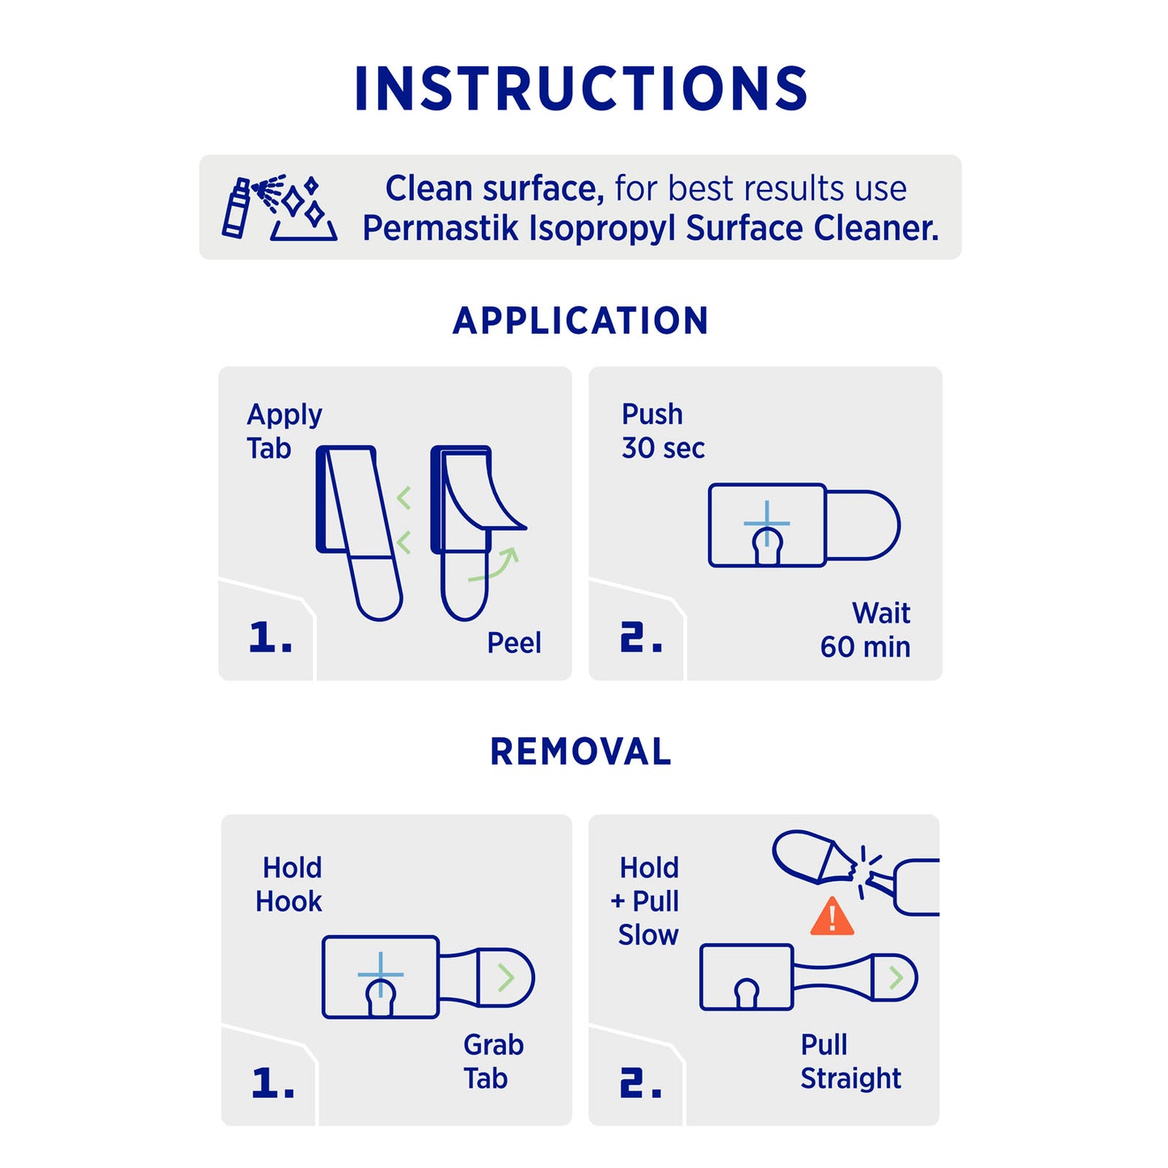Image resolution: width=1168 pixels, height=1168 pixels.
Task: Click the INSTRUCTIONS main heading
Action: (x=580, y=88)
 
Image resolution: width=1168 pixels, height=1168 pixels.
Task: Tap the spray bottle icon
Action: (x=237, y=208)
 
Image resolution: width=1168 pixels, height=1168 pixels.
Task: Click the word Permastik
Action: (x=440, y=229)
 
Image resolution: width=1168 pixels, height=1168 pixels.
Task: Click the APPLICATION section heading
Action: (x=580, y=321)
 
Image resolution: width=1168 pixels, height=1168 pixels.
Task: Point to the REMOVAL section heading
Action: (x=580, y=752)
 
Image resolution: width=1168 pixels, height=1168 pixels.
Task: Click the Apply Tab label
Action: (x=285, y=432)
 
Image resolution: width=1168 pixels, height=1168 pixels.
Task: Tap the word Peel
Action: (x=514, y=643)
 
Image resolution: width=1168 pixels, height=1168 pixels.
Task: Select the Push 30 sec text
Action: (x=663, y=431)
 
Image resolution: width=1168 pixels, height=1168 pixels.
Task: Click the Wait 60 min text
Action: (x=865, y=630)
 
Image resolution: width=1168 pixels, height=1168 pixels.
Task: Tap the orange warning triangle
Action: (x=833, y=916)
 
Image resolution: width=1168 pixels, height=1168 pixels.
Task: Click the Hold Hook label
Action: (x=289, y=884)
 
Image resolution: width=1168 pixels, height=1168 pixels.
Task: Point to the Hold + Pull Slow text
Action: (x=645, y=901)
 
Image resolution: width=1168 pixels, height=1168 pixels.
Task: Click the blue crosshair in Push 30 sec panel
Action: (x=767, y=523)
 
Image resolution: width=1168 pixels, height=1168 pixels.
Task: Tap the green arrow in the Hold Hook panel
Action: (x=506, y=978)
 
